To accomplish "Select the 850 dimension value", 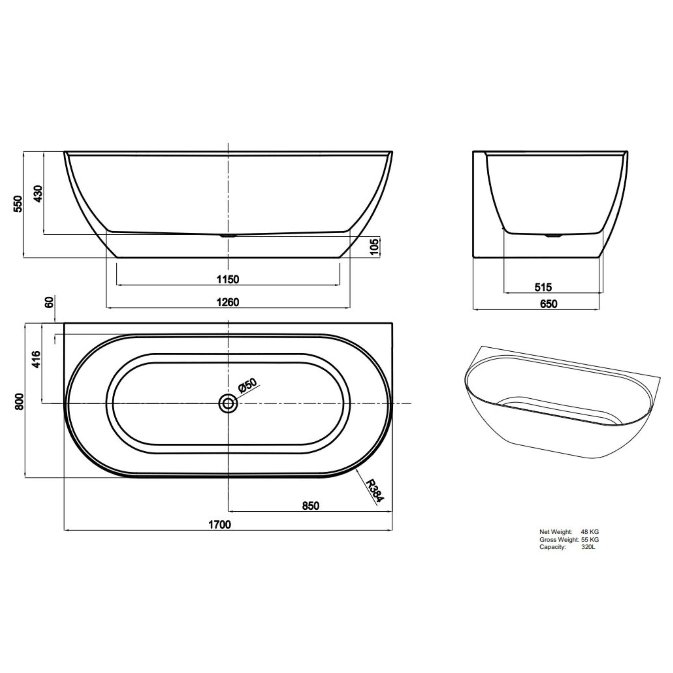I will pos(310,505).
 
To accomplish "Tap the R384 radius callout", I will pos(375,491).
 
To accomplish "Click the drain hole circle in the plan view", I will pos(228,404).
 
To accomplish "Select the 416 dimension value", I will pos(36,360).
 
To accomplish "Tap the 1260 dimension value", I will pos(228,302).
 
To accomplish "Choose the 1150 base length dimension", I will pos(228,279).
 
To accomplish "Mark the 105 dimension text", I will pos(375,247).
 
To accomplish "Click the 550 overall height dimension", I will pos(18,204).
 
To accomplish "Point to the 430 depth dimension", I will pos(38,194).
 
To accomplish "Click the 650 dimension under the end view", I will pos(548,304).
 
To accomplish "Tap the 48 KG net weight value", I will pos(590,532).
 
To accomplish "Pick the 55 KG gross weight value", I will pos(590,540).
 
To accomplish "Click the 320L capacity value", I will pos(588,547).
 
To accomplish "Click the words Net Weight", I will pos(556,532).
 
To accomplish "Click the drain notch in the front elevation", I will pos(228,236).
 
